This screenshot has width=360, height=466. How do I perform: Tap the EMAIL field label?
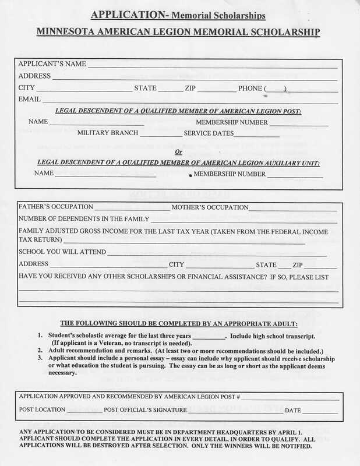[x=29, y=100]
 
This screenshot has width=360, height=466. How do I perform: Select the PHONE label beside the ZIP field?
[x=250, y=89]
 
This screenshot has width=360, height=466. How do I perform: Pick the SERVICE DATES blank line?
[x=257, y=136]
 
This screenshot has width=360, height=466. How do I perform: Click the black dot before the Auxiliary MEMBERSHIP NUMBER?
[x=190, y=175]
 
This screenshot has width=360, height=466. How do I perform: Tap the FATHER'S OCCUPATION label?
[x=56, y=207]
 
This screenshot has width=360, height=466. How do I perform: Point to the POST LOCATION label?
[x=42, y=410]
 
